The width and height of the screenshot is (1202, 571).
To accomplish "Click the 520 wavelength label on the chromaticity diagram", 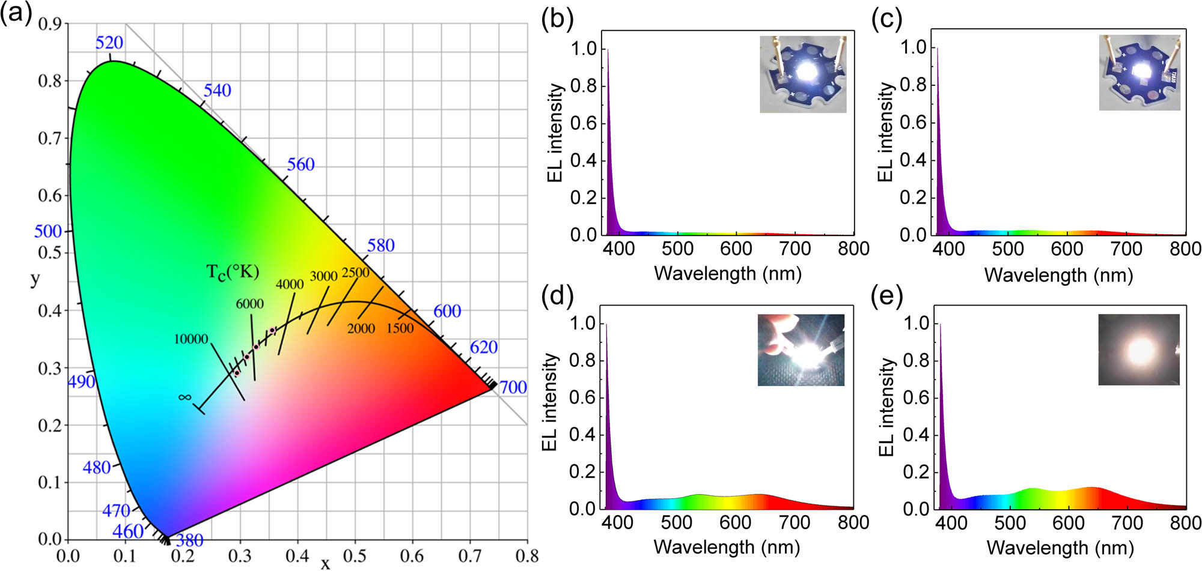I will tap(109, 43).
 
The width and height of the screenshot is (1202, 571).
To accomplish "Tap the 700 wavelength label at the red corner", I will tap(513, 387).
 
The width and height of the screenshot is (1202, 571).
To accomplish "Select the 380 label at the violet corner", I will tap(189, 540).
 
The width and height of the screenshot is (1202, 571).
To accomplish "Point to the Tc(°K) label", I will tap(233, 272).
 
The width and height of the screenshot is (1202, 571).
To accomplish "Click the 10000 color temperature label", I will tap(191, 339).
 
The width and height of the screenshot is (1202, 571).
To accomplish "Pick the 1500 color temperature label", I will tap(400, 328).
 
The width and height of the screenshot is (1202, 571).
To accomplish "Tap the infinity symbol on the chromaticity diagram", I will tap(185, 397).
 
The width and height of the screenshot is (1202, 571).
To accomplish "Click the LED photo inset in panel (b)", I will tap(803, 74).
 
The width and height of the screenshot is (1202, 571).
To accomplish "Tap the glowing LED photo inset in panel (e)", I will tap(1139, 349).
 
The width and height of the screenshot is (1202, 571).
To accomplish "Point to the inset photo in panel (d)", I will tap(801, 349).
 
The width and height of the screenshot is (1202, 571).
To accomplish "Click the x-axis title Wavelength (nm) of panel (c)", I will tap(1058, 275).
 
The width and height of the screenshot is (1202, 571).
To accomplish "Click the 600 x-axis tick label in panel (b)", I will tap(736, 249).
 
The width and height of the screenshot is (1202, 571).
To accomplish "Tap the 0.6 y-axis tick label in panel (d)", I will tap(582, 397).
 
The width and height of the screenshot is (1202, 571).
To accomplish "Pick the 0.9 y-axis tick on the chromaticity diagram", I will tap(50, 24).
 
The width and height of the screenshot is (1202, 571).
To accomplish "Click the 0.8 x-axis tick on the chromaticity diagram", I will tap(527, 556).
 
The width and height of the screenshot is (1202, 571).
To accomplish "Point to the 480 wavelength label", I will tap(97, 467).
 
